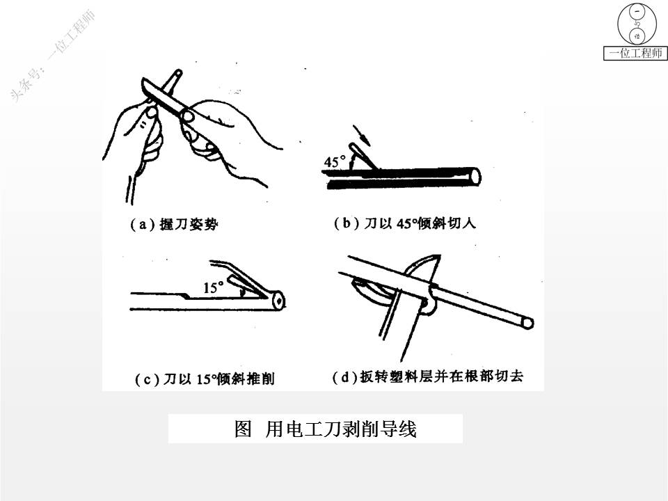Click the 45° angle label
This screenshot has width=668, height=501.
[x=335, y=161]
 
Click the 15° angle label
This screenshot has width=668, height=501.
[x=213, y=287]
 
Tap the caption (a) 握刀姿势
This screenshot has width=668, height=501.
[x=174, y=224]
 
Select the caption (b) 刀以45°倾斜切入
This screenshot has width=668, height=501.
[x=405, y=223]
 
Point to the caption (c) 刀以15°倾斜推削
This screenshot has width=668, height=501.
[x=205, y=379]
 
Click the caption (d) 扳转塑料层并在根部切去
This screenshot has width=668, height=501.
[x=427, y=376]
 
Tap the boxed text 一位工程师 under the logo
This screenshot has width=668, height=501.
[x=635, y=54]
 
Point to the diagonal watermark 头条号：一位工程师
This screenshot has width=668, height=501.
[x=53, y=56]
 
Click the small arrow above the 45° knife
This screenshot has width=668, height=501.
[x=361, y=134]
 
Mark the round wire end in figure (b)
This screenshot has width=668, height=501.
[x=475, y=176]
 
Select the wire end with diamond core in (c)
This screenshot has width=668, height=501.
[x=278, y=301]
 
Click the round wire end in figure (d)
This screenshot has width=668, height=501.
[x=528, y=323]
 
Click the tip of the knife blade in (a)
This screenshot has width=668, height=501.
[x=143, y=79]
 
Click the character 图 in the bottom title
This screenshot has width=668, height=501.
[x=244, y=429]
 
